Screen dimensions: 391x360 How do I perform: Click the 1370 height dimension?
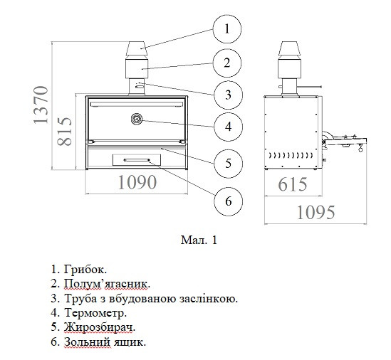(x=41, y=105)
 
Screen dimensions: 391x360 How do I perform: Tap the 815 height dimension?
(x=64, y=131)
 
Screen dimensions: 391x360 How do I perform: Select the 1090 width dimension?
(x=137, y=182)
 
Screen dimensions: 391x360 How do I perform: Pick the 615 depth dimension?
(x=293, y=184)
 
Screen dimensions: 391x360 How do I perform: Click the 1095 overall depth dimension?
(x=316, y=213)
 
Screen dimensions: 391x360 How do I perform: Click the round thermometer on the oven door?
(x=137, y=120)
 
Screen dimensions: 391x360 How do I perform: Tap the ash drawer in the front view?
(x=137, y=160)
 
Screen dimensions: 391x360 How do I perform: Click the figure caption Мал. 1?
(x=199, y=240)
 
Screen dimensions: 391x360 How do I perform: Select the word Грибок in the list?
(x=85, y=270)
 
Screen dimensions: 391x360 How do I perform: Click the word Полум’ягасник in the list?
(x=108, y=284)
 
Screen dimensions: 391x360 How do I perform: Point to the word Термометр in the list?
(x=95, y=313)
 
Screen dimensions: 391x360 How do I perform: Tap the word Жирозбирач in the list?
(x=100, y=327)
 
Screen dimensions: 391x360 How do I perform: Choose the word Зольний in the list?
(x=87, y=342)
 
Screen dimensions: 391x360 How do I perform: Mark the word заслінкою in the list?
(x=209, y=299)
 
